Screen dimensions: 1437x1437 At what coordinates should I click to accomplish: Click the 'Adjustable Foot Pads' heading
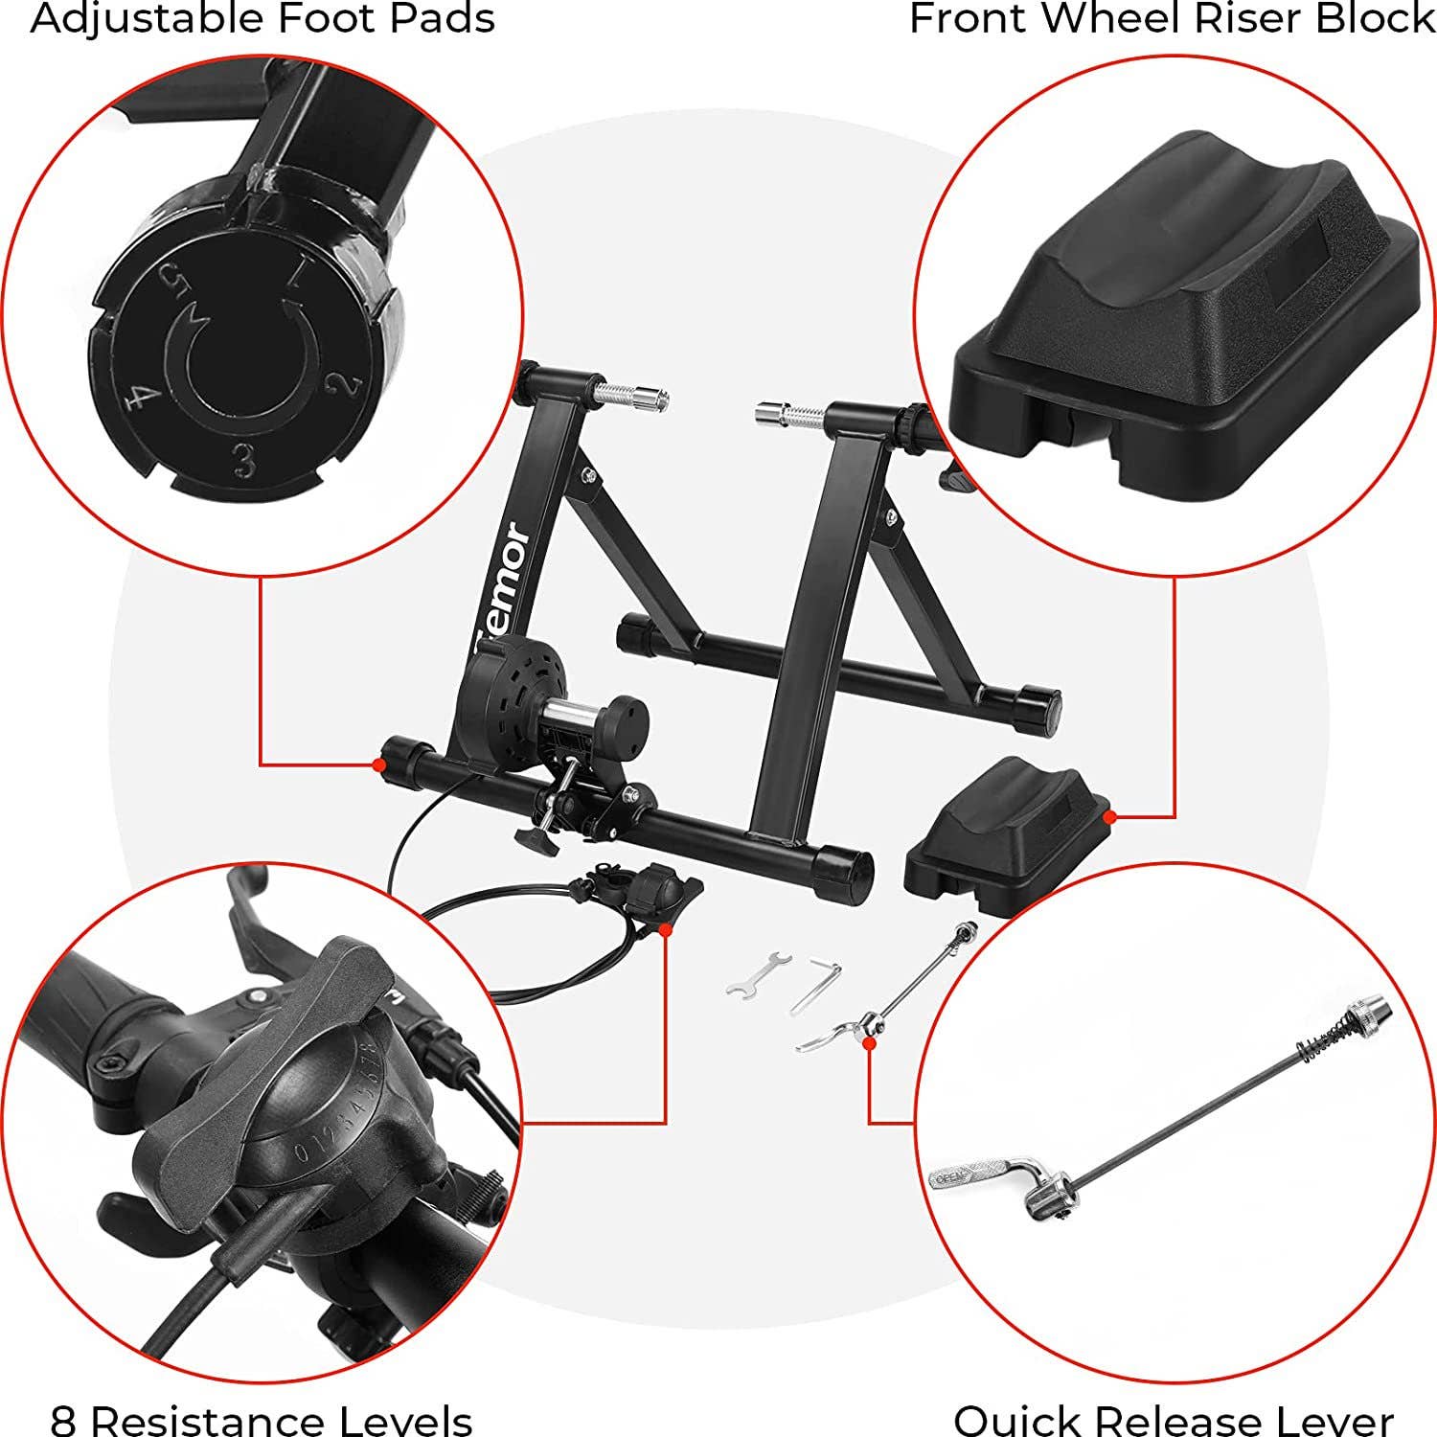[262, 19]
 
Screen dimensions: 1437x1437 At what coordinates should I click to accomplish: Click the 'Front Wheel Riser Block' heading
[1171, 19]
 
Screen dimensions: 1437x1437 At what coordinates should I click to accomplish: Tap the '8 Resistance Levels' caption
[262, 1419]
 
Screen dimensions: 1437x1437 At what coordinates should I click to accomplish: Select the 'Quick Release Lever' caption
[1173, 1419]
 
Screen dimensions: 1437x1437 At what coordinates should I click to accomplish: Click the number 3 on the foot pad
[245, 463]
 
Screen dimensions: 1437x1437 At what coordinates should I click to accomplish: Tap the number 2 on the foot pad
[343, 384]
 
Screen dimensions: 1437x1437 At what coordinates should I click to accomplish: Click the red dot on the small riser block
[1109, 817]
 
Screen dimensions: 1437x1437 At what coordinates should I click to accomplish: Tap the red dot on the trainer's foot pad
[379, 764]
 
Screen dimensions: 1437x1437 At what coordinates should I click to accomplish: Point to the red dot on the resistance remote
[665, 927]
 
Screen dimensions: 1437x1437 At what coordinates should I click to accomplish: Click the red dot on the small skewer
[869, 1042]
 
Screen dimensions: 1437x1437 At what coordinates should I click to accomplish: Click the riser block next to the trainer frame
[1006, 833]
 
